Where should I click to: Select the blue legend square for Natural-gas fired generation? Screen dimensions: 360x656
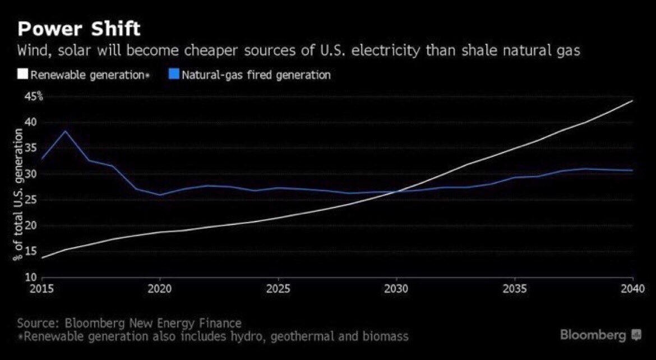[x=173, y=75]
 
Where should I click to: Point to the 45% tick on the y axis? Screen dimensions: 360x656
[x=33, y=96]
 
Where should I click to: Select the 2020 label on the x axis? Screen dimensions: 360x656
[x=160, y=289]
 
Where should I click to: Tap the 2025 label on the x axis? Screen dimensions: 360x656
[x=278, y=289]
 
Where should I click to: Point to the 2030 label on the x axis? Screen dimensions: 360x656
[x=396, y=289]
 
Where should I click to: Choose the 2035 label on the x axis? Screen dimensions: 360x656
[x=515, y=289]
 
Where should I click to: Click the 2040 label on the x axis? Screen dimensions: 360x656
[x=632, y=289]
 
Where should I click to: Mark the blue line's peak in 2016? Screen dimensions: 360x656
[x=66, y=131]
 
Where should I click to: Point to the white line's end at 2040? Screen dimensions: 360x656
[x=632, y=101]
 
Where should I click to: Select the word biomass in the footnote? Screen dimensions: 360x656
[x=389, y=337]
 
